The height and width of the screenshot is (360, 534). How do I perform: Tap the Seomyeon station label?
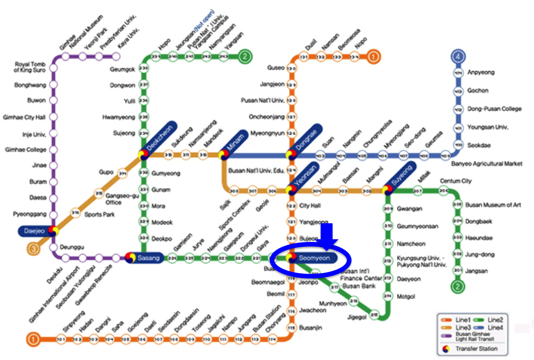(x=314, y=258)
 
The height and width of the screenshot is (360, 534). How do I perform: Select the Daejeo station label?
(x=34, y=231)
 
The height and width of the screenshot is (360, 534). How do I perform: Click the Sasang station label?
(x=148, y=258)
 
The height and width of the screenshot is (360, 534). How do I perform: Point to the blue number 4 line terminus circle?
(x=458, y=56)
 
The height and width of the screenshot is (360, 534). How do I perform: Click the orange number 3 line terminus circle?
(x=33, y=249)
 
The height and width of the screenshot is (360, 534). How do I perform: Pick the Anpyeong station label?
(x=481, y=72)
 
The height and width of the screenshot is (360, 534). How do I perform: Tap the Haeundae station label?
(x=479, y=238)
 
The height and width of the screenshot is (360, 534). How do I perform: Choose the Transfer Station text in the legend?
(x=476, y=349)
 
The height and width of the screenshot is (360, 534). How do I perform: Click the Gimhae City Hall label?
(x=24, y=117)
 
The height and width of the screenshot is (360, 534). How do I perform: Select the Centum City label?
(x=455, y=181)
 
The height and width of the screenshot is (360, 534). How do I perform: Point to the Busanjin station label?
(x=311, y=328)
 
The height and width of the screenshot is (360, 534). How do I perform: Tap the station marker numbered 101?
(x=61, y=340)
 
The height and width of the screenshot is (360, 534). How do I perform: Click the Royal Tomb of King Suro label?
(x=30, y=67)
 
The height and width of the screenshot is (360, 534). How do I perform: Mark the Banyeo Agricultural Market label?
(x=486, y=164)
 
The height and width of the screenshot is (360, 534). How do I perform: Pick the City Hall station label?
(x=310, y=206)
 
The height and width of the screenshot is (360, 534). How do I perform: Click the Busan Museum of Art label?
(x=493, y=205)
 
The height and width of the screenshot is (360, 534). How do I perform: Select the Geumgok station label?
(x=122, y=69)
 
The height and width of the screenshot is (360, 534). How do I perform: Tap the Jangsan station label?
(x=476, y=271)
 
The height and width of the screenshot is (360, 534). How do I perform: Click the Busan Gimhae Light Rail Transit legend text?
(x=473, y=337)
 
